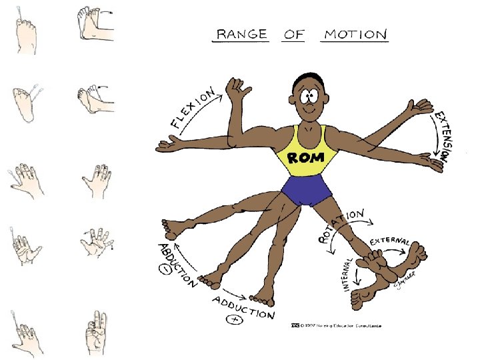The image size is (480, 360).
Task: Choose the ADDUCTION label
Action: pyautogui.click(x=243, y=307)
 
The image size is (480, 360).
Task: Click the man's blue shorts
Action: pyautogui.click(x=306, y=191)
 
